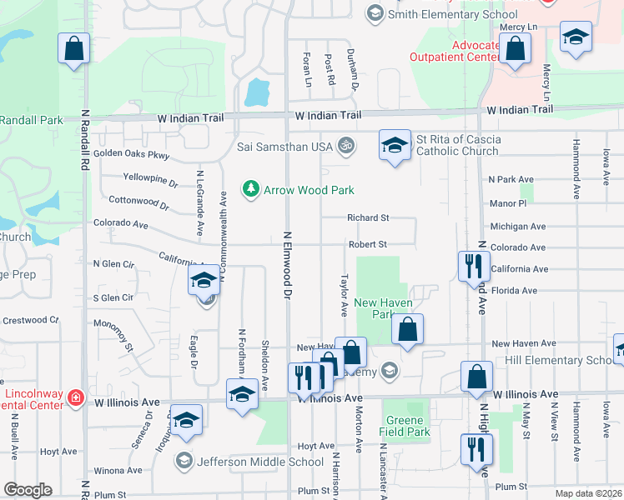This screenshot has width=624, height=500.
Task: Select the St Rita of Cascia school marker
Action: pos(395,147)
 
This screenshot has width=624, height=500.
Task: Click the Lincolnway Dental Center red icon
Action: pos(76,397)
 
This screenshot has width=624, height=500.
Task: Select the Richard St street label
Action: pos(369,218)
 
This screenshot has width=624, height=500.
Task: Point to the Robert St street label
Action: pos(368,244)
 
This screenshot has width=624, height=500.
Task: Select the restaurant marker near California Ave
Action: pos(472,266)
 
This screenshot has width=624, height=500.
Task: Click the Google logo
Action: pos(28,490)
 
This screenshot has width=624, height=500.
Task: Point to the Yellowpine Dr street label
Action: pos(150,179)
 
